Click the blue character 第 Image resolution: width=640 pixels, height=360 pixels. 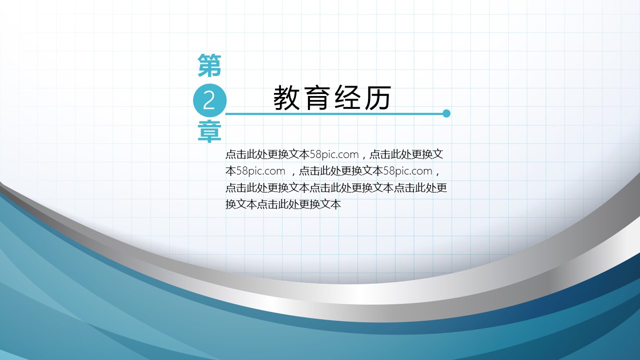(209, 65)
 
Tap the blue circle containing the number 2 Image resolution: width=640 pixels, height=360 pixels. (209, 100)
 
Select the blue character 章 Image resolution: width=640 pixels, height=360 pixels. (209, 131)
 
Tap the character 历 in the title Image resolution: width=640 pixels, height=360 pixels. (377, 97)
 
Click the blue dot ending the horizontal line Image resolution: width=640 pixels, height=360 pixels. (446, 113)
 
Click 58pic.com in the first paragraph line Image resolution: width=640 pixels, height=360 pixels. (334, 154)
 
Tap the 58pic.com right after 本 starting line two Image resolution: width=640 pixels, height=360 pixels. (261, 171)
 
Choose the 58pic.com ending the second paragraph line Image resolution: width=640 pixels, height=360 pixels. (407, 171)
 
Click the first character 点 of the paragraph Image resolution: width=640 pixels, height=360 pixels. (230, 154)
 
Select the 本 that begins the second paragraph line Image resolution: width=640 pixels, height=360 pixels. (230, 171)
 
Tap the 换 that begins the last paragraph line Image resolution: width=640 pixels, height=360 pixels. (230, 204)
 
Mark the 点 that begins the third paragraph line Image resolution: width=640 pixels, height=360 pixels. (230, 187)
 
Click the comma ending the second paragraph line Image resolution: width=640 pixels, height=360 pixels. (437, 173)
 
